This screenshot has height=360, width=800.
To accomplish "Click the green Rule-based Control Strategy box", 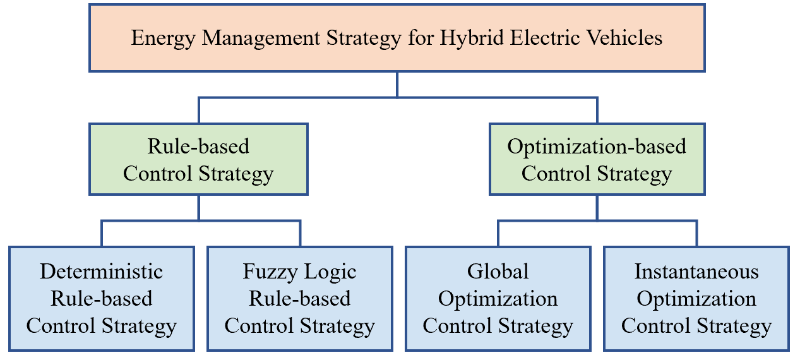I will click(x=198, y=159).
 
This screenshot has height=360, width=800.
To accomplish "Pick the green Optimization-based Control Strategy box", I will click(x=597, y=159).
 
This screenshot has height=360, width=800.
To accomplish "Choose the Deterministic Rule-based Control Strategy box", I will click(x=101, y=299).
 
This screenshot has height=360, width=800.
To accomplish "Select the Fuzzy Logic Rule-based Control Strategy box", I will click(x=300, y=299).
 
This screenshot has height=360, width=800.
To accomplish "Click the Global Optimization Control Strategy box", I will click(x=498, y=299).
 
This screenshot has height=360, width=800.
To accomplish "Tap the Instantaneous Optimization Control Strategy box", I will click(x=696, y=299).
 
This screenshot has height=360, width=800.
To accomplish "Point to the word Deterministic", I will click(x=101, y=272).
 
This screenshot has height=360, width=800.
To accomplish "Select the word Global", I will click(x=498, y=272).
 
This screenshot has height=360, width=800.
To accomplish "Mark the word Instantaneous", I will click(x=696, y=272).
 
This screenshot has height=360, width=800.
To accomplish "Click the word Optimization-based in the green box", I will click(x=597, y=147).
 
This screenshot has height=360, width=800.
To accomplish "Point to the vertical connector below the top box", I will click(x=397, y=85).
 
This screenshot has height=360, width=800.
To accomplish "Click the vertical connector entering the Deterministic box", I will click(x=102, y=234).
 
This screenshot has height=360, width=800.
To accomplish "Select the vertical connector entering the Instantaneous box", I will click(x=696, y=234).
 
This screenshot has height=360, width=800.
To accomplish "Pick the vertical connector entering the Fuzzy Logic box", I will click(x=300, y=234).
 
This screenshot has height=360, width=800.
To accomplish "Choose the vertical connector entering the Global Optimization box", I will click(x=498, y=234).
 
